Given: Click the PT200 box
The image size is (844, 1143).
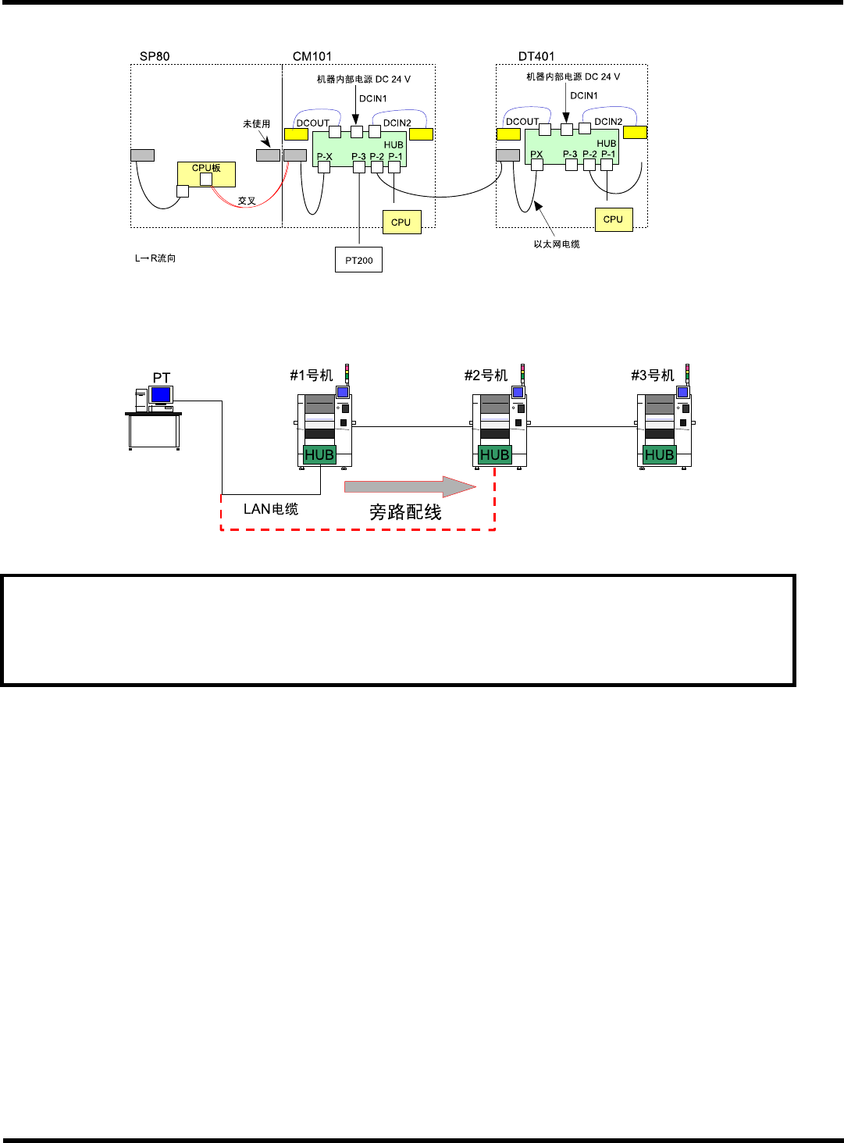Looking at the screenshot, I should [358, 260].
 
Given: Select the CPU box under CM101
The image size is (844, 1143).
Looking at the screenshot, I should [401, 223].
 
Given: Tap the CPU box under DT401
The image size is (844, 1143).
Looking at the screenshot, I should [613, 219].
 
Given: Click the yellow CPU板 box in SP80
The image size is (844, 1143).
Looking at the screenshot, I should [206, 174].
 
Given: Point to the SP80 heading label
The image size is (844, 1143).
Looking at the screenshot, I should [155, 56].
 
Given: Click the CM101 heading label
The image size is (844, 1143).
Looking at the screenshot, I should [312, 56].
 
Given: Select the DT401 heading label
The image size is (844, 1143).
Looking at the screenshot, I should [536, 56].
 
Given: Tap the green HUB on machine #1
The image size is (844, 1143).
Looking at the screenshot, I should [319, 454].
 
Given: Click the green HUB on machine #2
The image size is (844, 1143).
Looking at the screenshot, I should [494, 454].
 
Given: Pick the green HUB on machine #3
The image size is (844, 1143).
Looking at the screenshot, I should [659, 454].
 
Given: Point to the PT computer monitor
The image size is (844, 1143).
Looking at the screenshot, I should [161, 395].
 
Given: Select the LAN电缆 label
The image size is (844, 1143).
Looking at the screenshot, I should [271, 509].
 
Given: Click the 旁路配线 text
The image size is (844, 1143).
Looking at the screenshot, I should [405, 512].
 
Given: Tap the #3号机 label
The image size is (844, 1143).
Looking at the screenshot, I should [652, 376].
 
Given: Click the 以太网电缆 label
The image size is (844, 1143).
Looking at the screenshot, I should [557, 244].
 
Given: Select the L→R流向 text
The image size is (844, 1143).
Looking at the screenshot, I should [155, 258].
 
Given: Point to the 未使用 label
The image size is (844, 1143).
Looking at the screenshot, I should [256, 124].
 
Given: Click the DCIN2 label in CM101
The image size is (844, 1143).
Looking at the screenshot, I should [397, 123].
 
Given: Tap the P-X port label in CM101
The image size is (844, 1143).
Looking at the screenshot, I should [324, 157].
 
